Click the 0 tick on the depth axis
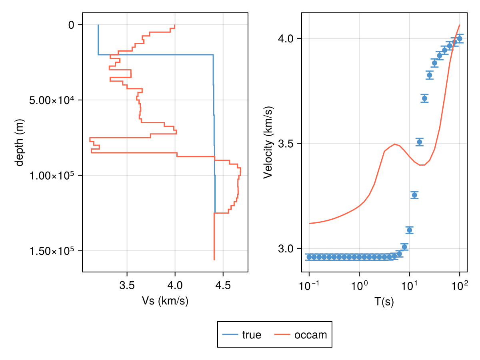71,25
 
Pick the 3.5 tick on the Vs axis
127,286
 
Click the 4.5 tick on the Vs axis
223,286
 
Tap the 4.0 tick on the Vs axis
175,286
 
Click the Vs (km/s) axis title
165,301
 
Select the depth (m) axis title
19,142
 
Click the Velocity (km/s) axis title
268,142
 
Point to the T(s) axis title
384,302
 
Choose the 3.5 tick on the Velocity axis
286,144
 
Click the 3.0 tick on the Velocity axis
286,248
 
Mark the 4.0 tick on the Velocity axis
286,39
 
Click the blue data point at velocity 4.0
460,39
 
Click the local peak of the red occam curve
395,144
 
